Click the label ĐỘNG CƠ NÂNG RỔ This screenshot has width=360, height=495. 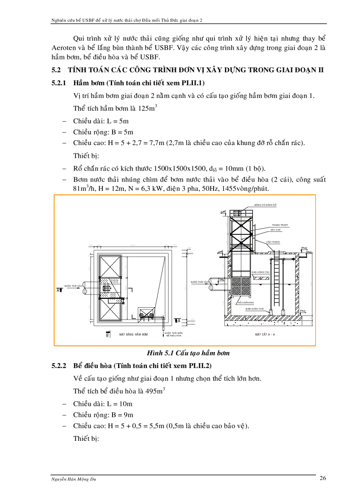[265, 205]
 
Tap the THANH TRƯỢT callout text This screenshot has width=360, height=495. [280, 225]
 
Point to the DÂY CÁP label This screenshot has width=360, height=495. [277, 230]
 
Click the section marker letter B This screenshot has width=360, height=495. [107, 335]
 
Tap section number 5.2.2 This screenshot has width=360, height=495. [59, 366]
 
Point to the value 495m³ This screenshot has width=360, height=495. [155, 391]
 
